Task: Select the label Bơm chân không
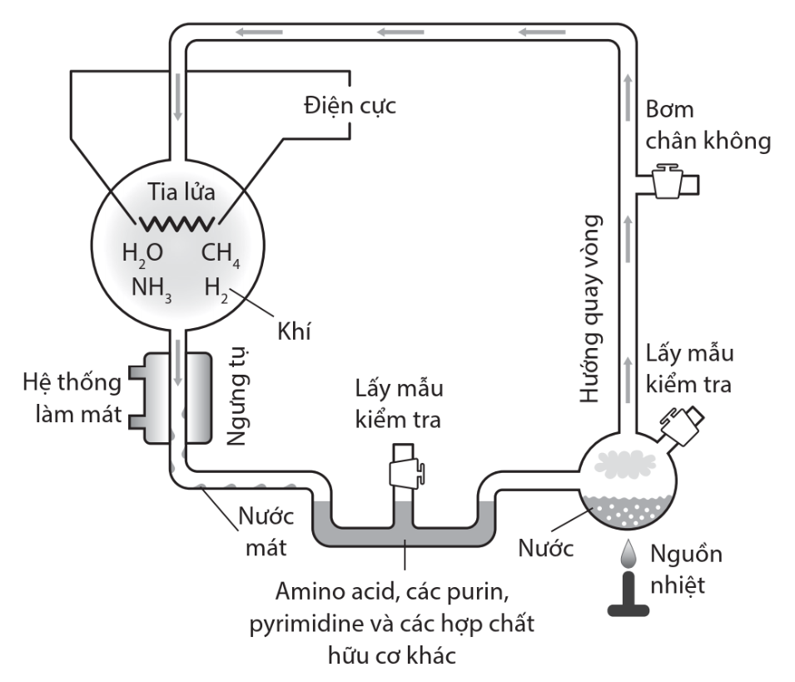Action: [x=707, y=126]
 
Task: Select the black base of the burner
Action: [x=630, y=603]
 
